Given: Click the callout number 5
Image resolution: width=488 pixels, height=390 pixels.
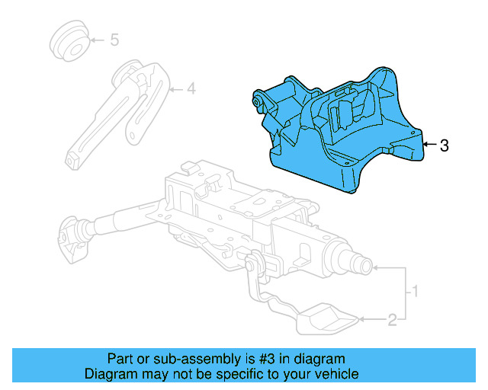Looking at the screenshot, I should (114, 40).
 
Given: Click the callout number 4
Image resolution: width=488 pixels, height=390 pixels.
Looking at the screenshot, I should (191, 90).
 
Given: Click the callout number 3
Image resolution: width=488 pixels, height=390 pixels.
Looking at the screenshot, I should (445, 145).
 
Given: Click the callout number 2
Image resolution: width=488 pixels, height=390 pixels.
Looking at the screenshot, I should (392, 321).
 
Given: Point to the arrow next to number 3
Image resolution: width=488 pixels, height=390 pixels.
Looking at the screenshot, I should (430, 144).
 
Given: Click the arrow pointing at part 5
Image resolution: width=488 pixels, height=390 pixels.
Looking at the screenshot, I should (98, 40).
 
